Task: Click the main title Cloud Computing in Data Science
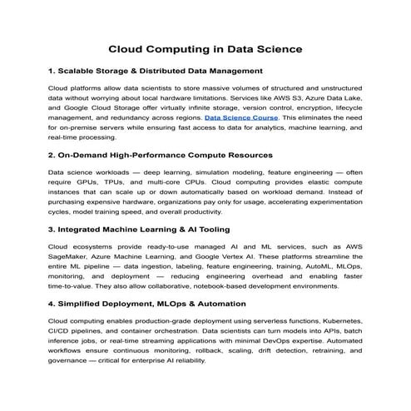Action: coord(205,49)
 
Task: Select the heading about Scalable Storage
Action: coord(156,72)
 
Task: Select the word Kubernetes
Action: coord(339,319)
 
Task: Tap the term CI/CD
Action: coord(61,330)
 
